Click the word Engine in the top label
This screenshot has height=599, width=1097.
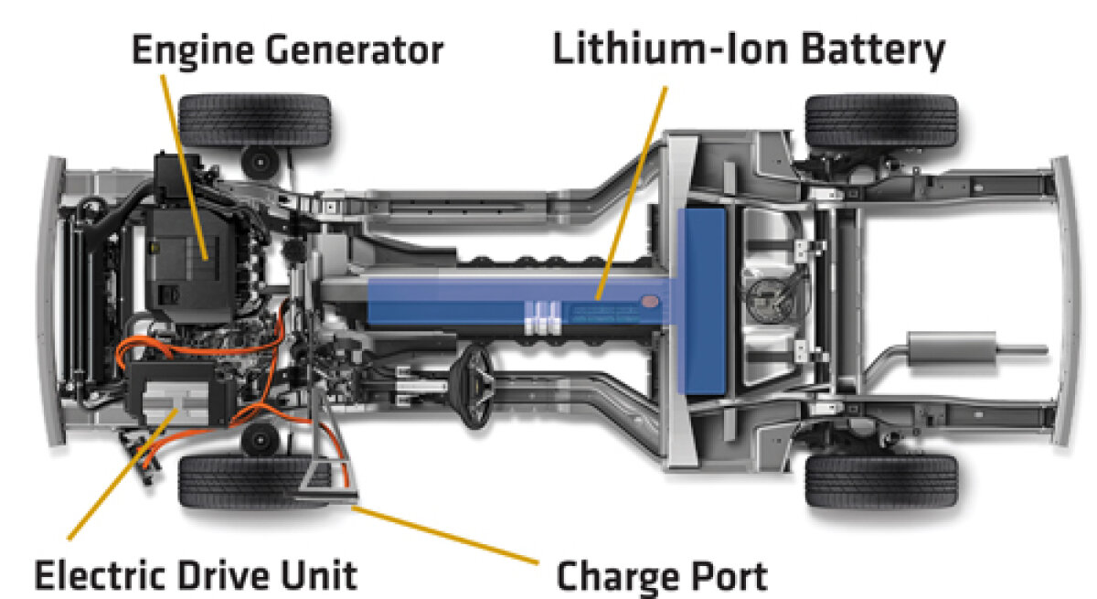tap(193, 50)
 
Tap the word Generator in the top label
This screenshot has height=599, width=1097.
tap(355, 50)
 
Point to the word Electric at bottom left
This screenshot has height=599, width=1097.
tap(100, 575)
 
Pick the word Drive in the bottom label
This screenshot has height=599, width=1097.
tap(224, 575)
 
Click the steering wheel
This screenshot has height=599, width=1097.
tap(473, 385)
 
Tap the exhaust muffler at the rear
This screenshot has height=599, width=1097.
tap(952, 348)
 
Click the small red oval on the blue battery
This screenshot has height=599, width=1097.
tap(650, 301)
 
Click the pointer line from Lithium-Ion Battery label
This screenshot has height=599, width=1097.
tap(632, 193)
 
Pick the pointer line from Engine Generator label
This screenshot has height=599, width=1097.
tap(184, 167)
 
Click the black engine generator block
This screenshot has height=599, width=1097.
tap(192, 264)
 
